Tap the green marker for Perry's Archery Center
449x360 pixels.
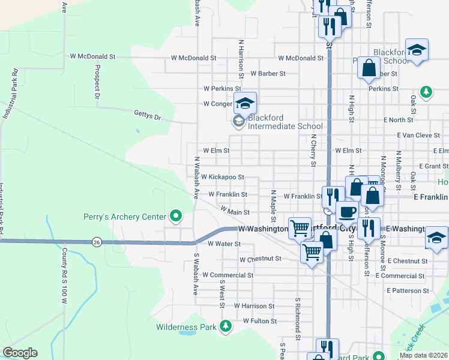coord(175,215)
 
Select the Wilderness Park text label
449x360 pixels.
coord(185,328)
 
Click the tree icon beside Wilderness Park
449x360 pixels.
coord(226,326)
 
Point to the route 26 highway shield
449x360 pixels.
coord(96,242)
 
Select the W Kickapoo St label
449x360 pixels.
coord(223,177)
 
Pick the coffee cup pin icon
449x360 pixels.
coord(347,212)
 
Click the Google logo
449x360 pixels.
coord(19,353)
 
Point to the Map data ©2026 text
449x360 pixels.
coord(424,355)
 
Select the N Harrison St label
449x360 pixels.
coord(241,63)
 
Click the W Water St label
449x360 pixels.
coord(224,244)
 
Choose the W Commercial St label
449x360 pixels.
coord(228,275)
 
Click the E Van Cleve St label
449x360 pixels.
coord(418,136)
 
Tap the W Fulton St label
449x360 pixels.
coord(259,321)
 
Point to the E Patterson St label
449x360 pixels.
coord(408,290)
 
